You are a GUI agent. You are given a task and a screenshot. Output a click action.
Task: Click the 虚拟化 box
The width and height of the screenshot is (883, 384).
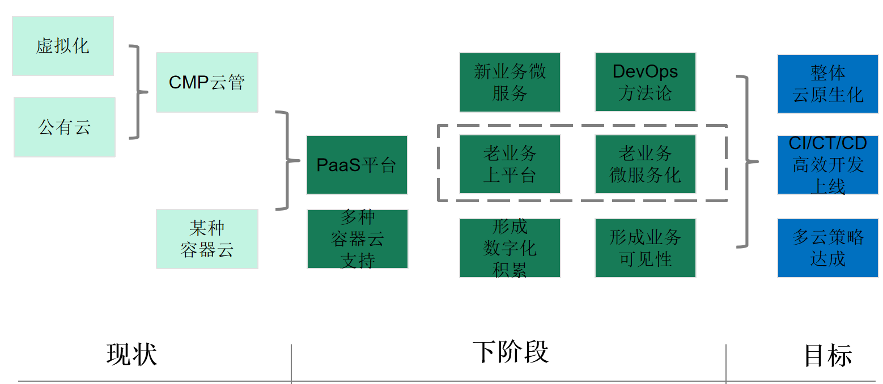(x=63, y=45)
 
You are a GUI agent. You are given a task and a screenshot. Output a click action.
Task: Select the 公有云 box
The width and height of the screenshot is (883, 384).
(x=65, y=127)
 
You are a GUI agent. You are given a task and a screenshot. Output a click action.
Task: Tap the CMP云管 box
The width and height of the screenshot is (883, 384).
(x=207, y=82)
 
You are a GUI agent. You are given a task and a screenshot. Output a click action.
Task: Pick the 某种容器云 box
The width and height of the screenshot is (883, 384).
(x=207, y=238)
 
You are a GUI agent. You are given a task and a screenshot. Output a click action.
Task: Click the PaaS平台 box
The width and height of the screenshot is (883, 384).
(x=356, y=165)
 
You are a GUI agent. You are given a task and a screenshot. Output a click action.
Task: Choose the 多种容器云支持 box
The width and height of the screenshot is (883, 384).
(x=357, y=238)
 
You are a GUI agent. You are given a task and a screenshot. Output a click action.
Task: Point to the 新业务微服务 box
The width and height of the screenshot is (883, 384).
(x=510, y=82)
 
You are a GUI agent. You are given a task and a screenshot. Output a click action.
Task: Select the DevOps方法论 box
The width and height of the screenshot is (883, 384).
(x=645, y=82)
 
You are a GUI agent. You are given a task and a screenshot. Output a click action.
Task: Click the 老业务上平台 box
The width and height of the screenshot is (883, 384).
(x=510, y=164)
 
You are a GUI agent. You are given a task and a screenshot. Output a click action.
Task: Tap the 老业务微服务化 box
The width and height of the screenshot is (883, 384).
(x=645, y=164)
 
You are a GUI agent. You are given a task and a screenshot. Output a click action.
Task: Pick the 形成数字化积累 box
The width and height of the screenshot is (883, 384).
(x=510, y=248)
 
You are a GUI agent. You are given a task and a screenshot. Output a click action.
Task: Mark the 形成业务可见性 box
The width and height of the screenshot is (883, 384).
(x=645, y=248)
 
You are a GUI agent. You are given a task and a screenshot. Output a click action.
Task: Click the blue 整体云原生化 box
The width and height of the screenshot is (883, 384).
(x=827, y=84)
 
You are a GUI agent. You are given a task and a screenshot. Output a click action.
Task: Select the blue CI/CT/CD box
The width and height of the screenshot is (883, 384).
(x=827, y=165)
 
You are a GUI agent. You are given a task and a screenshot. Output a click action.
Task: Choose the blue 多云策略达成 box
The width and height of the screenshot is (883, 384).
(x=827, y=248)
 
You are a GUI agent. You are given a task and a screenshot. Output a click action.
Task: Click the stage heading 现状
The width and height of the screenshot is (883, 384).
(x=131, y=355)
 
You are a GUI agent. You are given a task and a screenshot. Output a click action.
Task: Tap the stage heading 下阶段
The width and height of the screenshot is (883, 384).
(x=510, y=352)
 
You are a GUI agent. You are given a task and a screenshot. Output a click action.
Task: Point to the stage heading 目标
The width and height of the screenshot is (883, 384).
(x=827, y=356)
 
